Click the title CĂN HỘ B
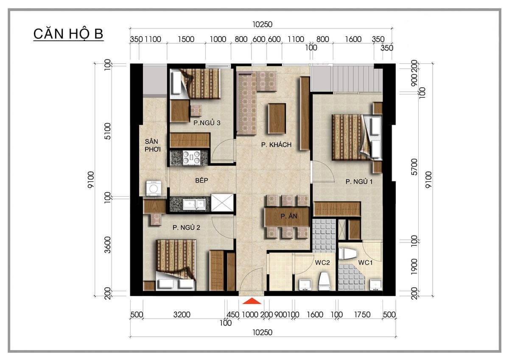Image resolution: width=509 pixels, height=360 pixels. (68, 34)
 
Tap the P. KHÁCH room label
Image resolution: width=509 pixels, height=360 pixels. (276, 145)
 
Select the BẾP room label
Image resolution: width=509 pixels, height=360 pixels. (201, 180)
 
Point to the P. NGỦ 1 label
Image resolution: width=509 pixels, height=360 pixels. (359, 181)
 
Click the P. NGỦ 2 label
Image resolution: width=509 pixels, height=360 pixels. (186, 228)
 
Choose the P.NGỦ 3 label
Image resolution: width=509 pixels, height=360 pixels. (207, 123)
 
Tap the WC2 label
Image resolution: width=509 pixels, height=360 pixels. (322, 263)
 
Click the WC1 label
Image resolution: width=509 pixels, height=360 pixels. (365, 263)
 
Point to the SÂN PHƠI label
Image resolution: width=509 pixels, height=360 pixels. (152, 145)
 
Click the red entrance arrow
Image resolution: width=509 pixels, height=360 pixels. (252, 301)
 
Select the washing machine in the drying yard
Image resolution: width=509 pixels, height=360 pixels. (154, 188)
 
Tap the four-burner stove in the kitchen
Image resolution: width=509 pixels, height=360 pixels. (191, 157)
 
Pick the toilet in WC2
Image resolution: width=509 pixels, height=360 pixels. (324, 281)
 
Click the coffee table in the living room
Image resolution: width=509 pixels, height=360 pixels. (277, 118)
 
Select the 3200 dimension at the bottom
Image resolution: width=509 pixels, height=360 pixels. (182, 315)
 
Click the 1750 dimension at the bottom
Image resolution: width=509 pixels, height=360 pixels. (362, 315)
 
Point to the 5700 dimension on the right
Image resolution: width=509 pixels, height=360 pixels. (414, 167)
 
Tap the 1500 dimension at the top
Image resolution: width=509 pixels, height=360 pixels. (186, 39)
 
